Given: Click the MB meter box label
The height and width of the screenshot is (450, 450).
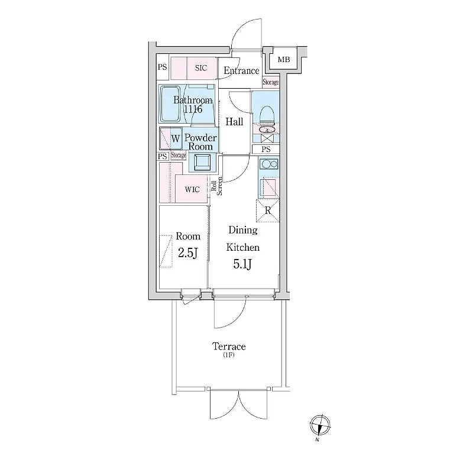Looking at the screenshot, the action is click(x=284, y=60).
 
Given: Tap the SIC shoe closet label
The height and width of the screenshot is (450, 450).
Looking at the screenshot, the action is click(x=201, y=68).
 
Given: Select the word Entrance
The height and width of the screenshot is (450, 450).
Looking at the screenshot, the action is click(x=241, y=70).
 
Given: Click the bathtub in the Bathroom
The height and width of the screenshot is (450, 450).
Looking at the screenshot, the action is click(x=171, y=103).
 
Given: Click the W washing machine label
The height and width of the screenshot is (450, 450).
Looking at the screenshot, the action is click(x=176, y=138).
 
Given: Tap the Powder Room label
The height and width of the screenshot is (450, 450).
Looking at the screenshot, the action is click(x=200, y=142).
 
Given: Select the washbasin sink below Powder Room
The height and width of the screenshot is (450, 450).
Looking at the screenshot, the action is click(x=202, y=162).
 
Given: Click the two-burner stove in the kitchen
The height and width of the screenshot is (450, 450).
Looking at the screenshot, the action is click(x=269, y=164).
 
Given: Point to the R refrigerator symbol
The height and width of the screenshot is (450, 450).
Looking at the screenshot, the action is click(x=268, y=211).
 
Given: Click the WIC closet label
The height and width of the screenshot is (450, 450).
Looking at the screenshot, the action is click(x=192, y=189).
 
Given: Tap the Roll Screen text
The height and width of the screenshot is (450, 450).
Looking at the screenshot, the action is click(x=216, y=186).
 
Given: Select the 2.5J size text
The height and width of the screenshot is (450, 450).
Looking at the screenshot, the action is click(x=187, y=253).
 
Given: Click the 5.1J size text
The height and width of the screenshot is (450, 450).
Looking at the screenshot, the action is click(x=242, y=264).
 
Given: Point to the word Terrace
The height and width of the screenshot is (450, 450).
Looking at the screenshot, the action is click(x=229, y=347).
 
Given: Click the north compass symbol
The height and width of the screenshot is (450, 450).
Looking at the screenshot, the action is click(x=320, y=425).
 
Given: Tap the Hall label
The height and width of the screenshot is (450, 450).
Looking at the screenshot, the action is click(x=234, y=122).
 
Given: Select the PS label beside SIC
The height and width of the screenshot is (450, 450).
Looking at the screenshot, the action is click(x=162, y=67).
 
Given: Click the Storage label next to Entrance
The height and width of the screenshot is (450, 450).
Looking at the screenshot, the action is click(x=271, y=82).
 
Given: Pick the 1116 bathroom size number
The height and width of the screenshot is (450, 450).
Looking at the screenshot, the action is click(x=193, y=109).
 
